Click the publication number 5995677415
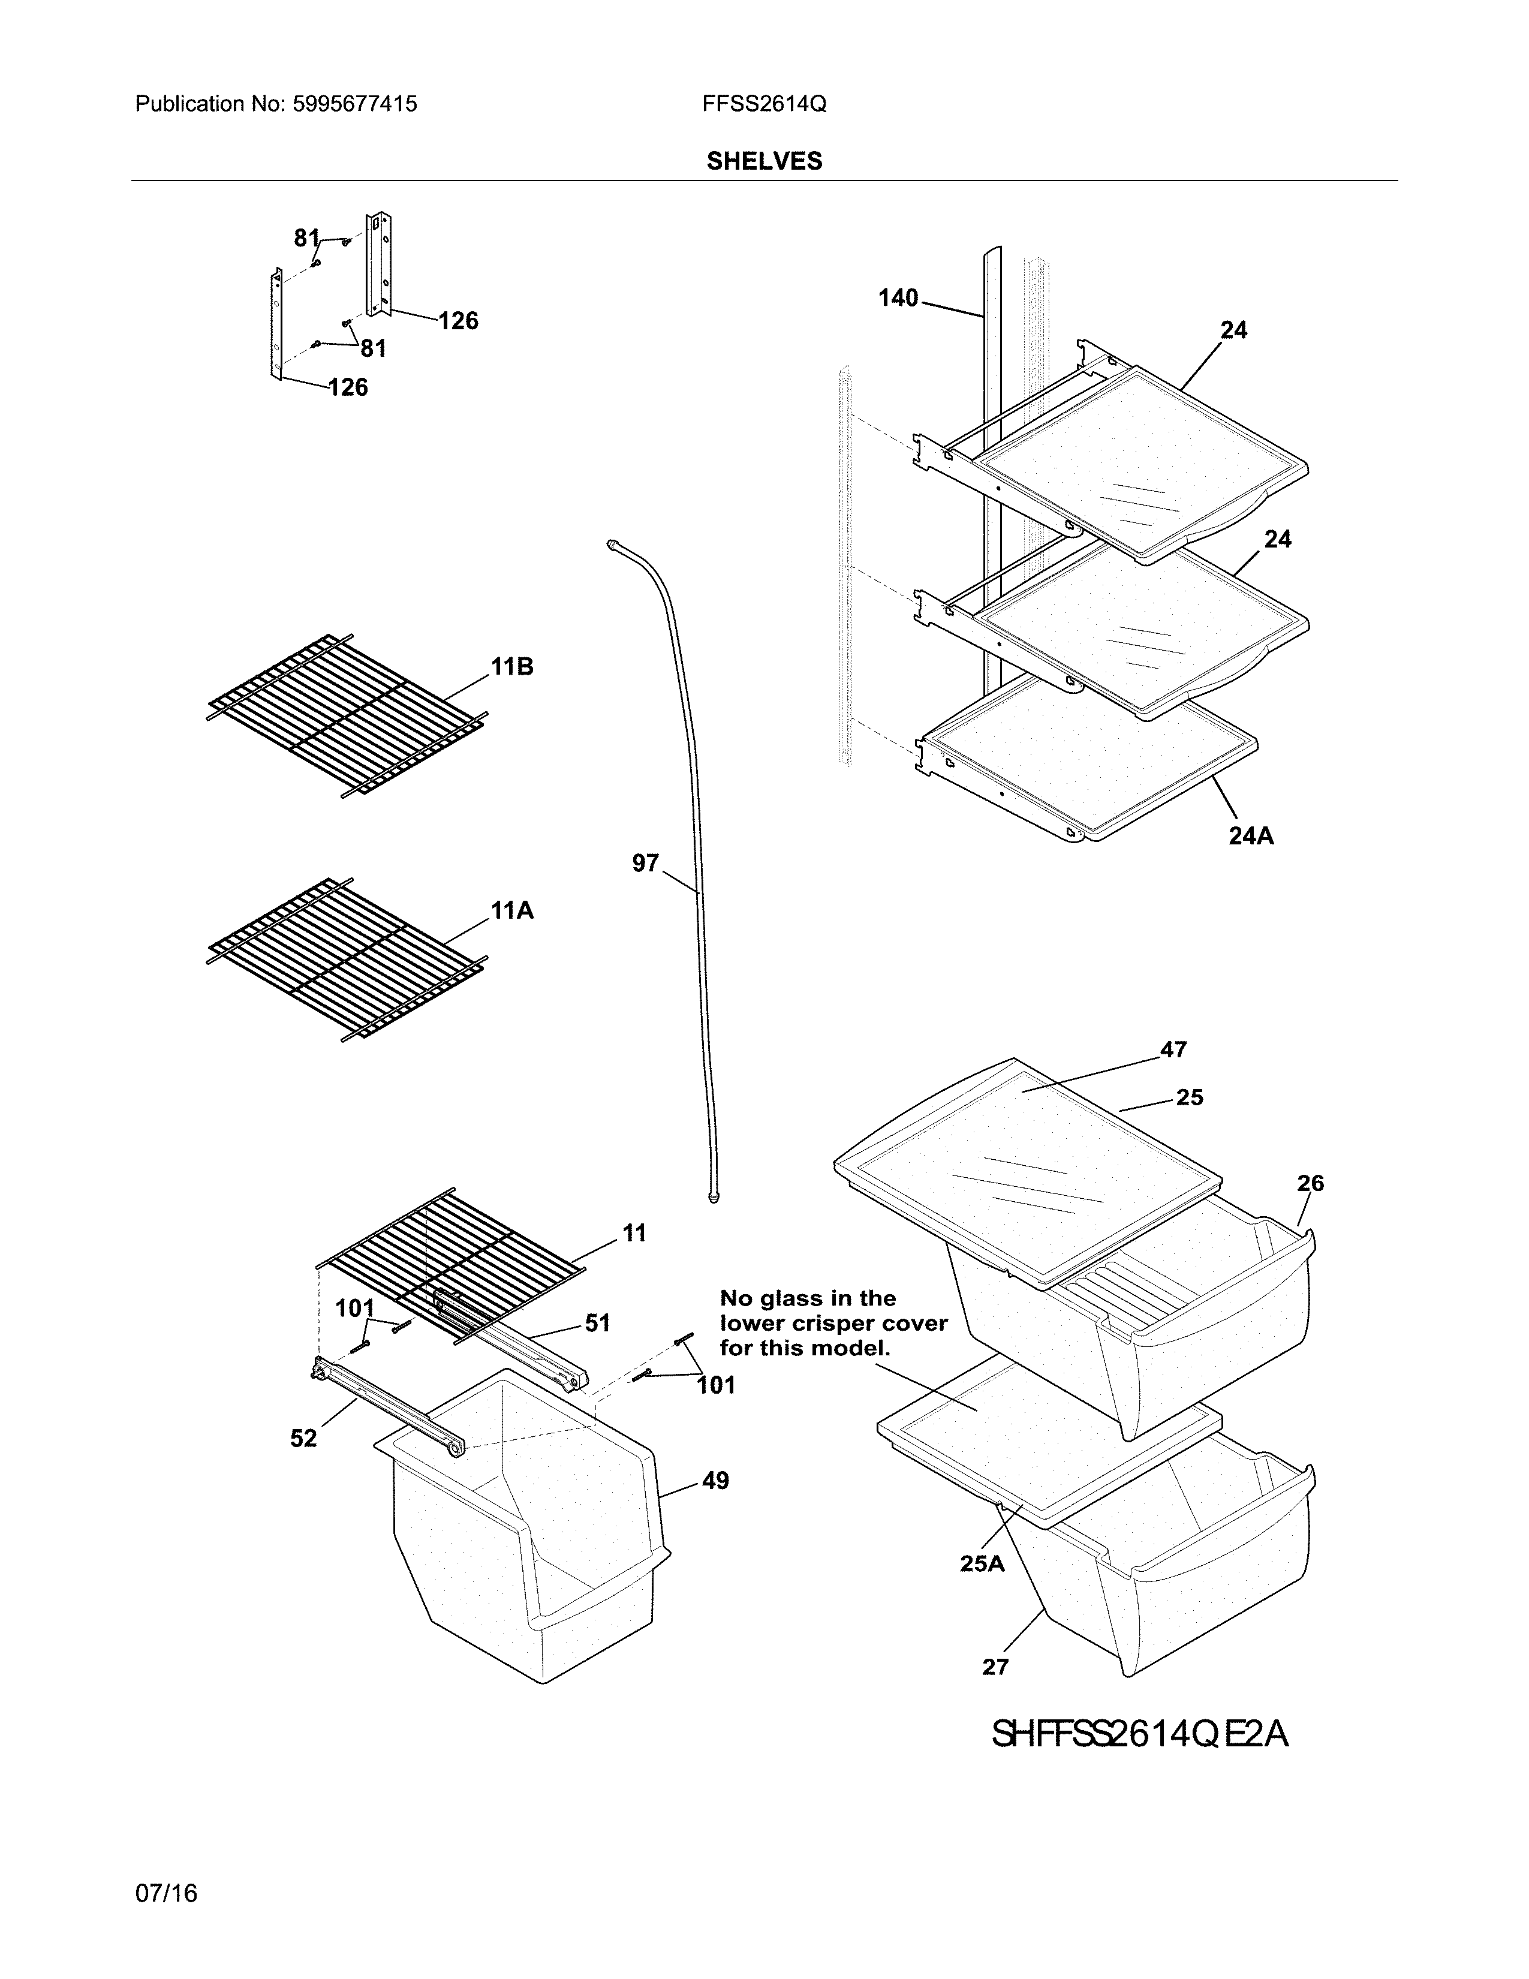coord(354,104)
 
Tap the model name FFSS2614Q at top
coord(763,104)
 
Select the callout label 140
coord(898,298)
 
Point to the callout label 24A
coord(1251,837)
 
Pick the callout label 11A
coord(512,911)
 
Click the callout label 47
coord(1173,1049)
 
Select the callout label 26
coord(1310,1183)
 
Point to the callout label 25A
coord(983,1564)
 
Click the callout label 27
coord(995,1667)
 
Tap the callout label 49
coord(715,1481)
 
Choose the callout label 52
coord(303,1438)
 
